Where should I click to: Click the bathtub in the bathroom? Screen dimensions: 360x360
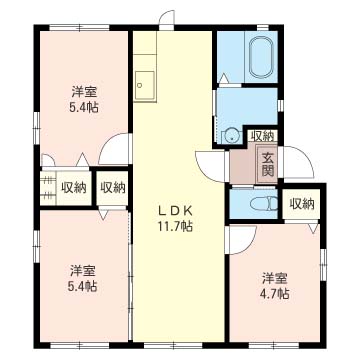[262, 57]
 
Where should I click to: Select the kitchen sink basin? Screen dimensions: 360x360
[145, 85]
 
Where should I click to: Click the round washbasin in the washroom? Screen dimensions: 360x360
[232, 136]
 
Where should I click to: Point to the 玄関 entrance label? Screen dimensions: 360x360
[267, 164]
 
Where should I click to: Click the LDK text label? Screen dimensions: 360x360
[174, 211]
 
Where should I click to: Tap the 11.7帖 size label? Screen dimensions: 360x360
[175, 227]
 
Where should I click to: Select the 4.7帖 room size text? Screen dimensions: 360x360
[275, 294]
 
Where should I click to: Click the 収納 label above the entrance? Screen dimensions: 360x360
[262, 136]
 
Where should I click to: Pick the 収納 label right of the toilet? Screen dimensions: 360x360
[302, 204]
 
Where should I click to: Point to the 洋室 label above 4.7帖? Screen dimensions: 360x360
[274, 278]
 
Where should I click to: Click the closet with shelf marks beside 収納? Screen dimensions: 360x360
[48, 188]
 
